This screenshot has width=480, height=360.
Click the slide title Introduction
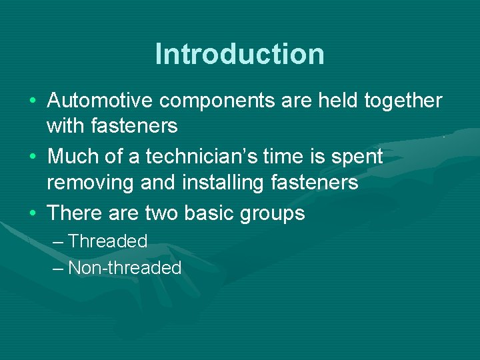[x=239, y=54]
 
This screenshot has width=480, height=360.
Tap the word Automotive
[x=101, y=101]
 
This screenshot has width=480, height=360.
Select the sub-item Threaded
[x=107, y=241]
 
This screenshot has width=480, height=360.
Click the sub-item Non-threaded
[x=125, y=268]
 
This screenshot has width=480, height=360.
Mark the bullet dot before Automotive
[x=33, y=101]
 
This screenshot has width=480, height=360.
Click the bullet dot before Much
[x=33, y=157]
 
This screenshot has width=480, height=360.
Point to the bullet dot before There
[x=33, y=213]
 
